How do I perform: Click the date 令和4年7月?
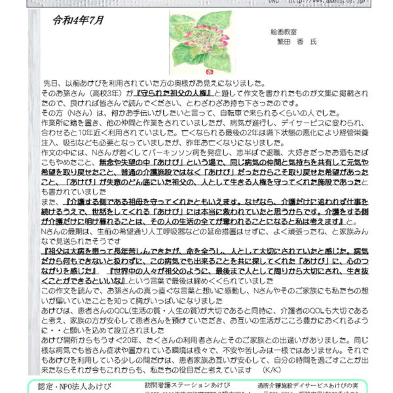(x=79, y=21)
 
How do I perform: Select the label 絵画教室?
(x=283, y=31)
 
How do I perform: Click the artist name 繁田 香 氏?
(x=296, y=41)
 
